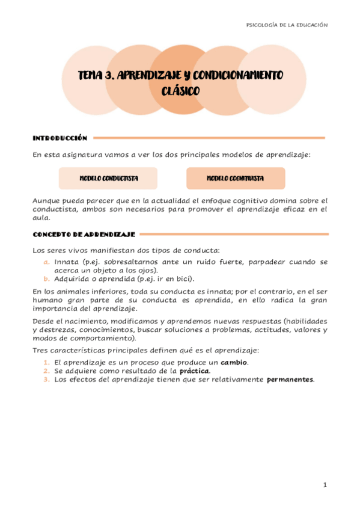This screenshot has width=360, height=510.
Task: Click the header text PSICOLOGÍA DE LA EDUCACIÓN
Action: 287,25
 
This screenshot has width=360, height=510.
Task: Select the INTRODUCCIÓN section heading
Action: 59,138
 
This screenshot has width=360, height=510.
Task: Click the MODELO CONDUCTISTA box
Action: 108,179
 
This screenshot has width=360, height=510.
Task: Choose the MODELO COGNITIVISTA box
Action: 235,179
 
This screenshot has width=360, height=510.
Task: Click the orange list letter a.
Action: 46,262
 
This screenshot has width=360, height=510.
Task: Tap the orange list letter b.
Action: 46,278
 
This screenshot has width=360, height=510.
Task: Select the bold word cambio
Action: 234,363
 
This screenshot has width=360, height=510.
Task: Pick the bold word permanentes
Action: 290,379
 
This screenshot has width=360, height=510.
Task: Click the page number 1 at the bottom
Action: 324,485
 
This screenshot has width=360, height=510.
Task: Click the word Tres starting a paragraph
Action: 40,350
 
